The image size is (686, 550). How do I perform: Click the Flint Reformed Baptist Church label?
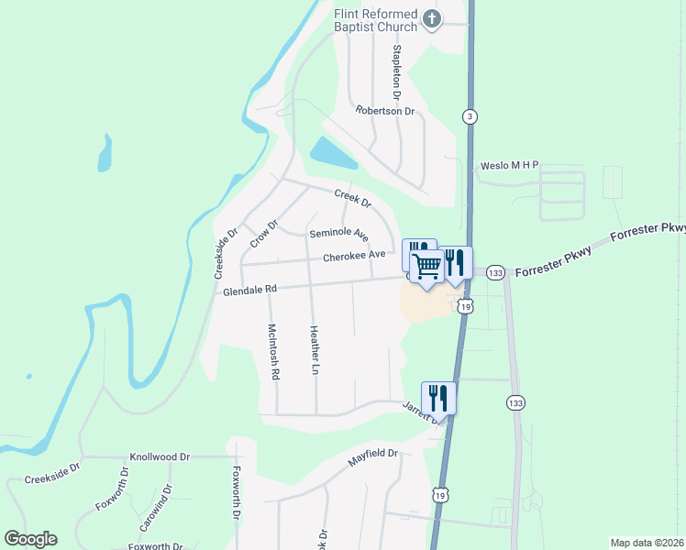click(x=376, y=19)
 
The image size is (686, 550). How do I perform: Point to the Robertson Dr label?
click(x=386, y=110)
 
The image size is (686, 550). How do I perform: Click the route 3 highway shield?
click(x=470, y=115)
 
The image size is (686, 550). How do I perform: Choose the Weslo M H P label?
click(x=510, y=166)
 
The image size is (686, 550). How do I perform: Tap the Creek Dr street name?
click(x=352, y=196)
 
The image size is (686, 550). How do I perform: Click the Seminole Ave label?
click(x=338, y=235)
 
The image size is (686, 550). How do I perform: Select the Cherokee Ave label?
click(x=354, y=255)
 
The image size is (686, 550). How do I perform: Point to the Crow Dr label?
click(x=264, y=233)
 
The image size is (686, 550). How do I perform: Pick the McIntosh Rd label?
click(x=272, y=351)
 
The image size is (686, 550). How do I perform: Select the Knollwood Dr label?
click(x=160, y=456)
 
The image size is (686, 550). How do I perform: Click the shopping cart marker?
click(x=427, y=268)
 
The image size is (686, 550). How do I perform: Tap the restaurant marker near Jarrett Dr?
click(x=438, y=398)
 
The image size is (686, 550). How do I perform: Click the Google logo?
click(x=30, y=539)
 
